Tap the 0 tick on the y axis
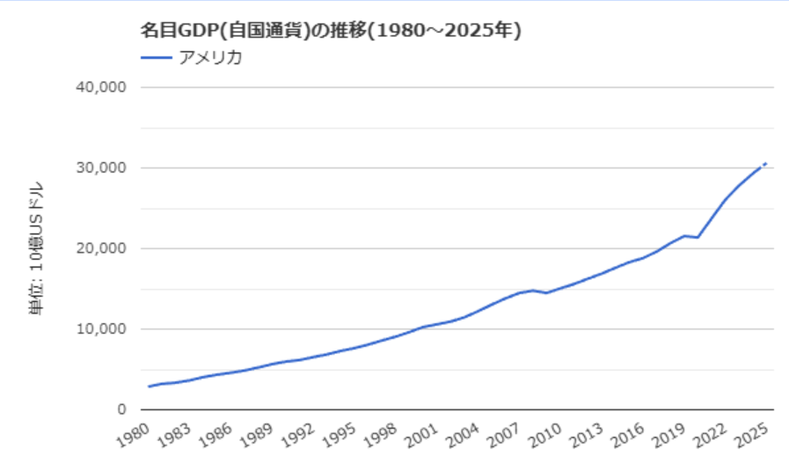pyautogui.click(x=122, y=409)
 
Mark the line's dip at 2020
pyautogui.click(x=698, y=238)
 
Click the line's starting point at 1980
pyautogui.click(x=149, y=387)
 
